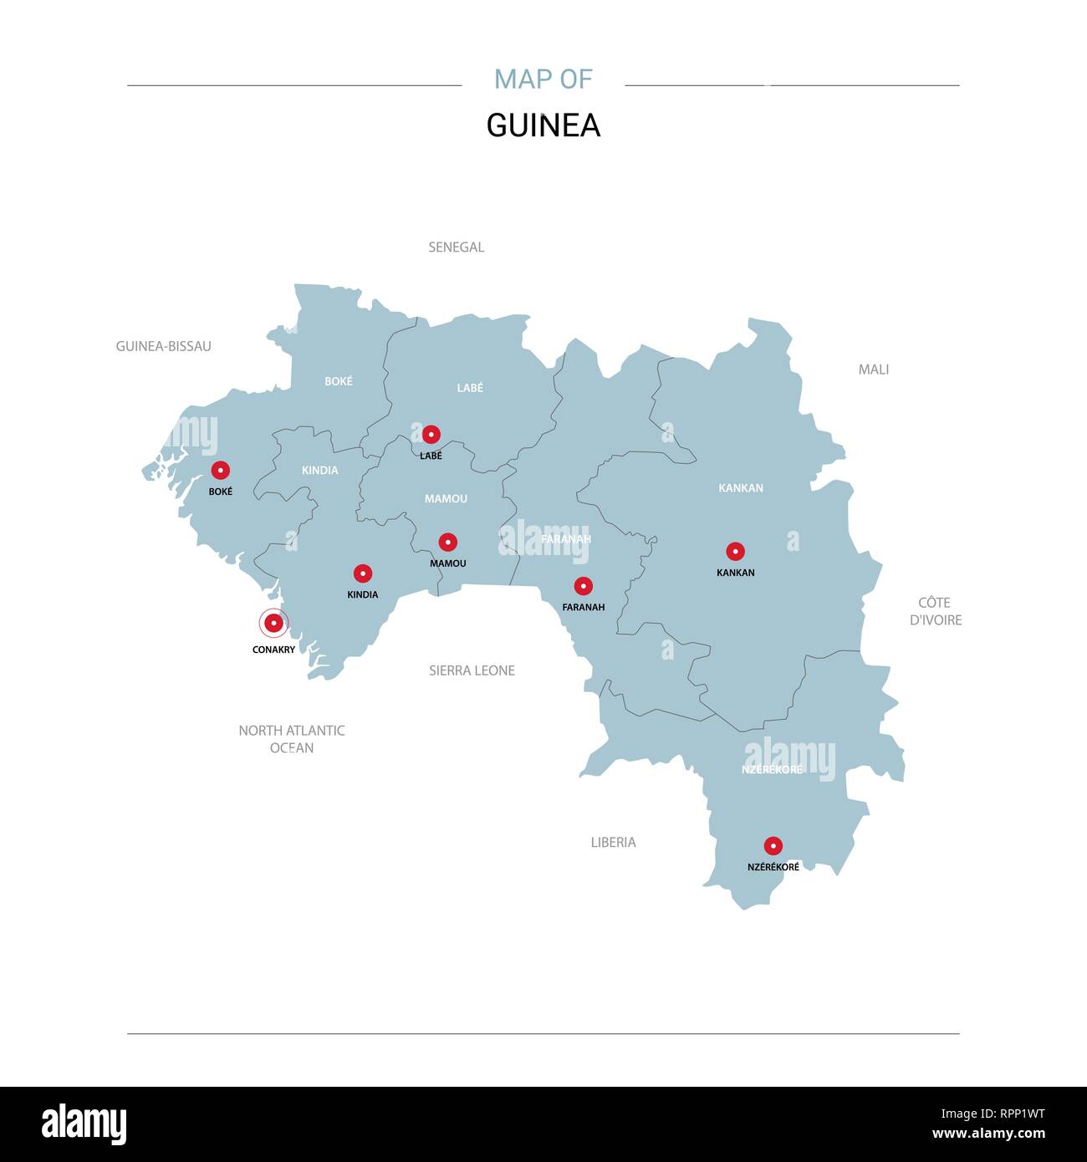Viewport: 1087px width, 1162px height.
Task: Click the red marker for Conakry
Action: click(273, 623)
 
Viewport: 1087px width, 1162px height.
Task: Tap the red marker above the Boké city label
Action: click(220, 470)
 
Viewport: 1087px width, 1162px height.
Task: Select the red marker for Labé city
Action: click(431, 434)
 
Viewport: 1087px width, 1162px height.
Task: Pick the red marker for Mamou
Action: click(447, 542)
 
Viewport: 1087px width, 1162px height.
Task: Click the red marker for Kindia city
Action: click(362, 573)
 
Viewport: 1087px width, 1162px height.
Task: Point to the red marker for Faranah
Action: click(583, 586)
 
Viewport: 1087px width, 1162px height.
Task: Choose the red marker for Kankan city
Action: click(735, 551)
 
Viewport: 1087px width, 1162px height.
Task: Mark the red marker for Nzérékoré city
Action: click(773, 845)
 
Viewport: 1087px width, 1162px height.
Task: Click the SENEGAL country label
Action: click(456, 247)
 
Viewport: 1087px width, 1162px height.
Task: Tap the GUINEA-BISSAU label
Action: click(163, 346)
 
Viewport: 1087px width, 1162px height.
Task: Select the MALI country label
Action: click(873, 369)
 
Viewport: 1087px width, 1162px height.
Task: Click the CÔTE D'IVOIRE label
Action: click(935, 611)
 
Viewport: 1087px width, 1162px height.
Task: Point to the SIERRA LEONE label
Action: click(472, 670)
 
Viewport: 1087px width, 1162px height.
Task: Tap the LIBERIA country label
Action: click(613, 842)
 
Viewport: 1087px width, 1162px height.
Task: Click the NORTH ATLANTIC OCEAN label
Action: click(291, 739)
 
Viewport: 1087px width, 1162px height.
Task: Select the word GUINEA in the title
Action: click(543, 125)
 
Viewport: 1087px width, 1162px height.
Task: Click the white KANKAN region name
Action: click(741, 487)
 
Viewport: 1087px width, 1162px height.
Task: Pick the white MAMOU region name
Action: click(446, 498)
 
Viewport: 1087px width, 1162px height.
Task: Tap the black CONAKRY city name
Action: click(273, 650)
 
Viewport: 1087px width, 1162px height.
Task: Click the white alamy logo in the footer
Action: click(84, 1124)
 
